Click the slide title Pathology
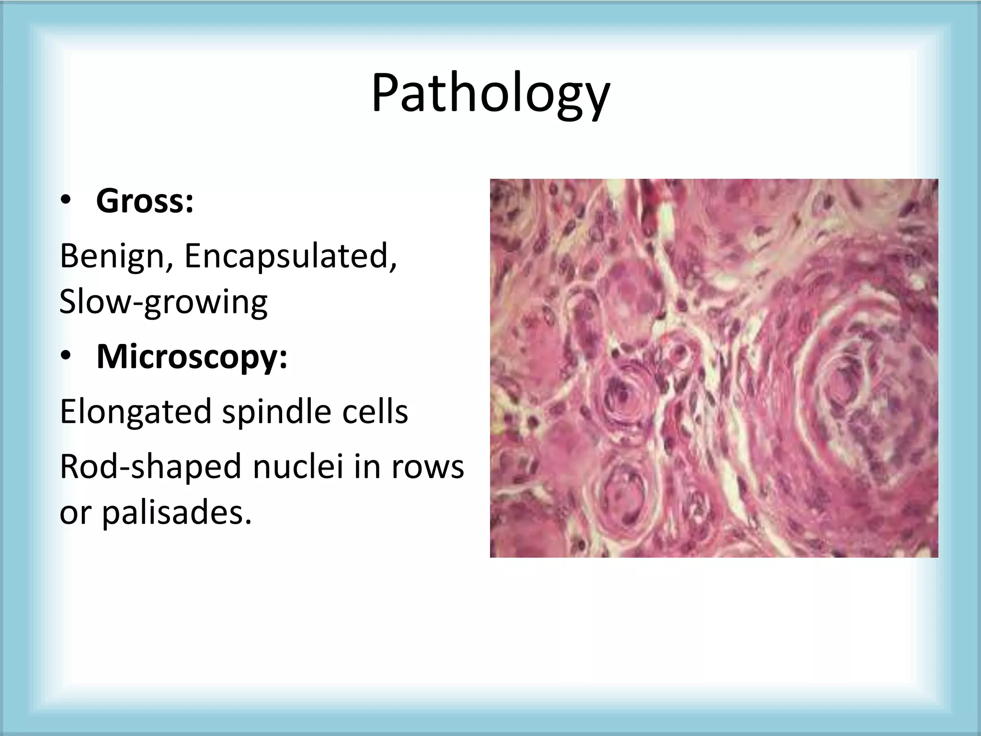pyautogui.click(x=490, y=93)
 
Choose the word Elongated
pyautogui.click(x=136, y=412)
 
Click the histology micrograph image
pyautogui.click(x=714, y=368)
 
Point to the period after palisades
pyautogui.click(x=247, y=521)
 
